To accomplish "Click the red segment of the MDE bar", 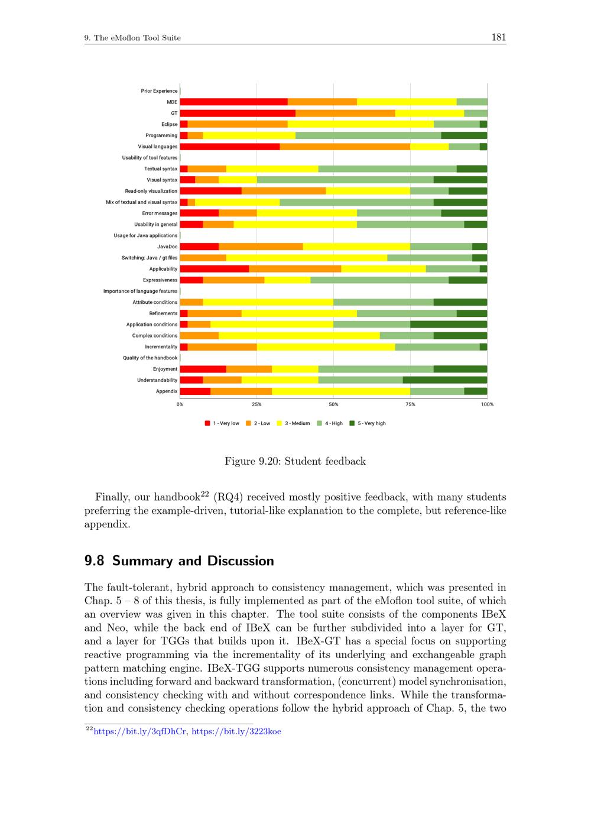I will [233, 102].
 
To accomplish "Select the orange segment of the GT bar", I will [345, 113].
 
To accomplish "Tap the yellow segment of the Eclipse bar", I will [361, 124].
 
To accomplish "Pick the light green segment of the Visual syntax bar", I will [345, 180].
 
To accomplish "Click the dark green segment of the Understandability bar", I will [444, 380].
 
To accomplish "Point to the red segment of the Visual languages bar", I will [229, 147].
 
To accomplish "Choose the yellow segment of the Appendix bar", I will [341, 391].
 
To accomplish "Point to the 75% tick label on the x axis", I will [410, 404].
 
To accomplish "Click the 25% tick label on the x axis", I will [256, 404].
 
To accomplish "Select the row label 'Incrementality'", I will [161, 346].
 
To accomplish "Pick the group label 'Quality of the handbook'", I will [150, 358].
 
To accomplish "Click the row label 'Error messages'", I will [160, 213].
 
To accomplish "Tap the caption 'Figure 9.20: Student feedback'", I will [295, 461].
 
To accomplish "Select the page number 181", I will [498, 37].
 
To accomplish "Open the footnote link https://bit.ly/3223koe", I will [236, 731].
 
